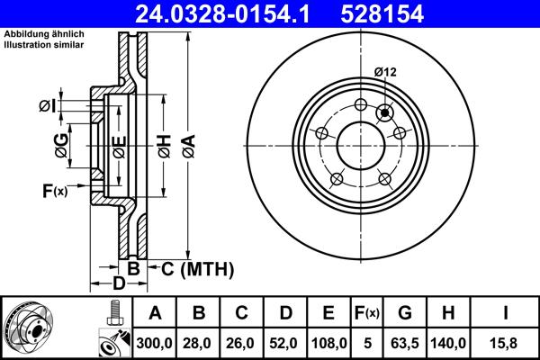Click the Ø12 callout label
pos(387,72)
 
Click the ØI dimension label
pos(48,107)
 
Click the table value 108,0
pos(328,343)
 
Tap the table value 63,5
pos(405,343)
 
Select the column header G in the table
pos(405,314)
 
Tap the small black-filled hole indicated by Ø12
pos(385,112)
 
